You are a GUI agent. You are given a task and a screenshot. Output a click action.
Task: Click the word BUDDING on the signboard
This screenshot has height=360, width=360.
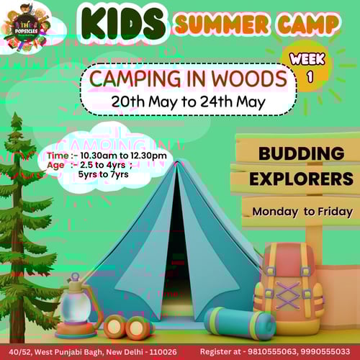(x=301, y=154)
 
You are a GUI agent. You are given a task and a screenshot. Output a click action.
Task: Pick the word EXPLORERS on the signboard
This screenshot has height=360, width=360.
(x=301, y=178)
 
